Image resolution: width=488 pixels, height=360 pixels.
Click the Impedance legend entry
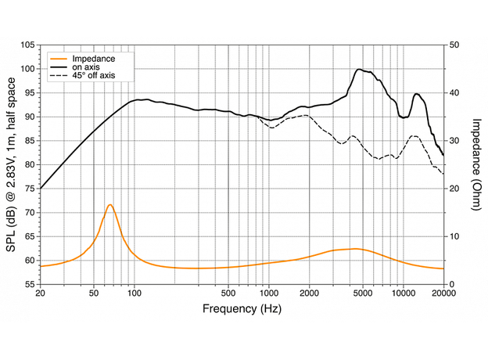pos(93,59)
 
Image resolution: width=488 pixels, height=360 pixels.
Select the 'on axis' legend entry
pos(86,67)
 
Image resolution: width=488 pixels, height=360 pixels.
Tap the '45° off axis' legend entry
pos(92,76)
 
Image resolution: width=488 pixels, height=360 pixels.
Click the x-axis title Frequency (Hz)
pos(242,309)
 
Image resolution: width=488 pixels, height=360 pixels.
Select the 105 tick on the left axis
pos(28,45)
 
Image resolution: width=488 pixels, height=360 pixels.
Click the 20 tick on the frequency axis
pos(40,293)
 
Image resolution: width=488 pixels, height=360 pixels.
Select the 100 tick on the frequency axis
pos(135,293)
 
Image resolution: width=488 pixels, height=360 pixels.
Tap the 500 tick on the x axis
pos(228,293)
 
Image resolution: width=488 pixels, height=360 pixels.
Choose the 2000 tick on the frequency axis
pos(309,293)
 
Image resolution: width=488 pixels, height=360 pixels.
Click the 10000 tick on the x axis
pos(403,293)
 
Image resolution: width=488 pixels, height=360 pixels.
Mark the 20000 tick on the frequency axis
pos(443,293)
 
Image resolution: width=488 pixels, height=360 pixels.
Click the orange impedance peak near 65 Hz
pos(110,205)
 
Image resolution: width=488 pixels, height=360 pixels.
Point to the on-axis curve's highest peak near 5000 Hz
pos(359,70)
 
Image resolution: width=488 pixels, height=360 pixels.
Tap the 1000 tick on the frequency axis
pos(268,293)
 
